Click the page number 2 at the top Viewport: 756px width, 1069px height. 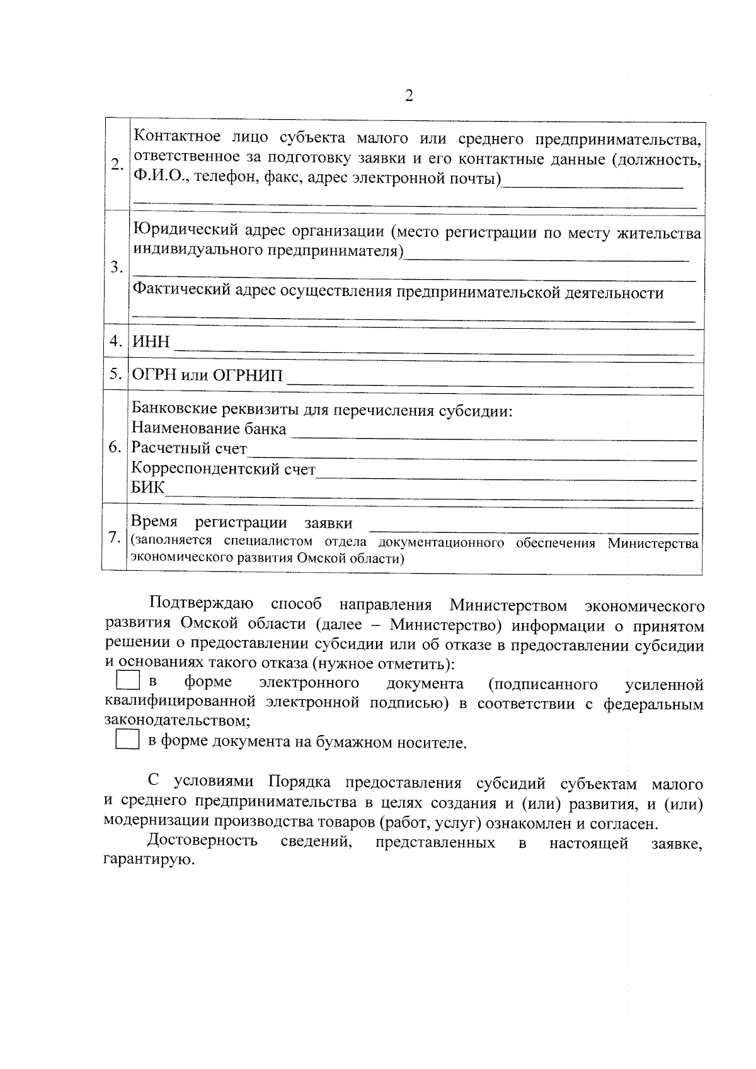click(409, 96)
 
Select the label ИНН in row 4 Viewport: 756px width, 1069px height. click(151, 342)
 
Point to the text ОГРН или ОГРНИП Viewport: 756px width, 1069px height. click(207, 376)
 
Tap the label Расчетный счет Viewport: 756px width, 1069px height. click(189, 449)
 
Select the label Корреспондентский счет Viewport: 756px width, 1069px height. click(223, 469)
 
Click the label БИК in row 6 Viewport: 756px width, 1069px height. click(147, 488)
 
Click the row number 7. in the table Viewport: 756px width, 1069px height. click(115, 537)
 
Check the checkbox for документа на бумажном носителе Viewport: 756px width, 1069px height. click(127, 740)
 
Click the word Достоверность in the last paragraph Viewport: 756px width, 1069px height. click(202, 841)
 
